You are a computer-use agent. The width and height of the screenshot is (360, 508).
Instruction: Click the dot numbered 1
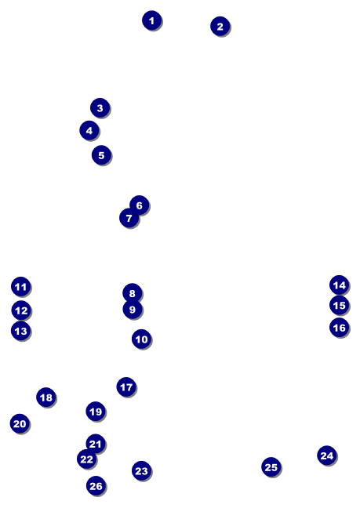151,20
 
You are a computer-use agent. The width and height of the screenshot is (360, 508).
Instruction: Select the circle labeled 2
220,26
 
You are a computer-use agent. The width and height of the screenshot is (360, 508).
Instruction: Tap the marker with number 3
100,107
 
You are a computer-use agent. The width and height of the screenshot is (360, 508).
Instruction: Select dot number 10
141,339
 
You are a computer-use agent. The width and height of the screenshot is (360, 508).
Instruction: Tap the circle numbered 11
20,286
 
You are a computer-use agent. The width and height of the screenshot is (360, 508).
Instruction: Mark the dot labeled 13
20,331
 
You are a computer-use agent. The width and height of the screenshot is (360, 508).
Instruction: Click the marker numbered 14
340,285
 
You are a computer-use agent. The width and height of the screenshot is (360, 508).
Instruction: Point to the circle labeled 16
340,327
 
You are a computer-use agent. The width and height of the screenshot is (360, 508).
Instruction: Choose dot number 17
126,386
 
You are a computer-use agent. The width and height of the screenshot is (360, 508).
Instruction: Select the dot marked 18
46,397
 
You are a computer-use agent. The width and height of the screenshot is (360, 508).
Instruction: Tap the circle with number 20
20,423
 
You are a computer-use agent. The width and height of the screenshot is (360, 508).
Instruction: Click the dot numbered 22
86,459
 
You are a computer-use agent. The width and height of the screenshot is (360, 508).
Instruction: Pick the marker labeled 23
142,470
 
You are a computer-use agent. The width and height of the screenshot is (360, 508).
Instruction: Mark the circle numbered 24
326,455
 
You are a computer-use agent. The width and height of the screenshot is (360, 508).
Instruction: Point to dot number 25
271,467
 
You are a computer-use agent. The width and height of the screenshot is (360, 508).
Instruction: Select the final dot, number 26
96,485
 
